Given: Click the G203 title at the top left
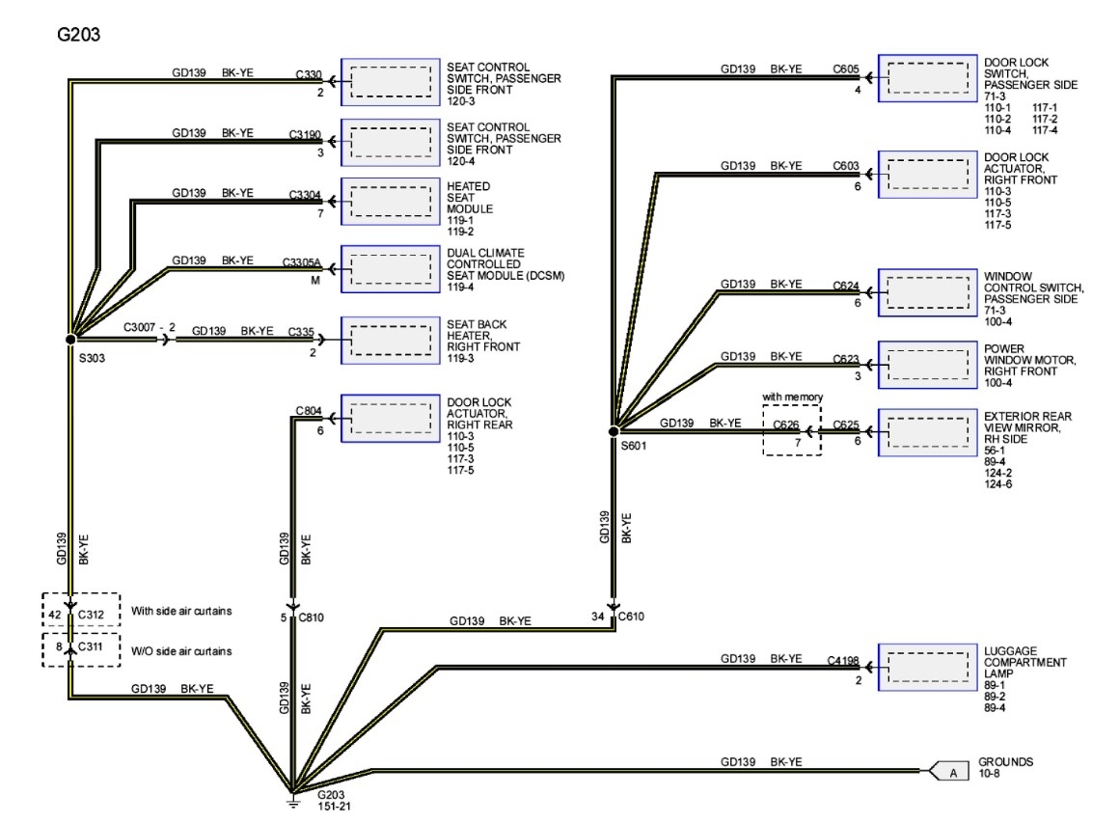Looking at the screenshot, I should [x=80, y=35].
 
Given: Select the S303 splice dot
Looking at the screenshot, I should [x=70, y=340].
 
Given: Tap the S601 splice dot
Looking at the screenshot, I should [x=614, y=430].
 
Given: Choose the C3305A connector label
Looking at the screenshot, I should [x=301, y=262].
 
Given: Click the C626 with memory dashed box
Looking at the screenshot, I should [x=792, y=430].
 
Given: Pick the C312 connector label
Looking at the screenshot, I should [x=91, y=614].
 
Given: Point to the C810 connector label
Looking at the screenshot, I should [x=312, y=617].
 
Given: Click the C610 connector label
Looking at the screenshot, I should [x=631, y=616].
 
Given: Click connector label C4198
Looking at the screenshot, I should [x=843, y=661].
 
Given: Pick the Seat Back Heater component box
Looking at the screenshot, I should [x=391, y=340].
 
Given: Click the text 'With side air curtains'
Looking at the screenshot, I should [x=181, y=611].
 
